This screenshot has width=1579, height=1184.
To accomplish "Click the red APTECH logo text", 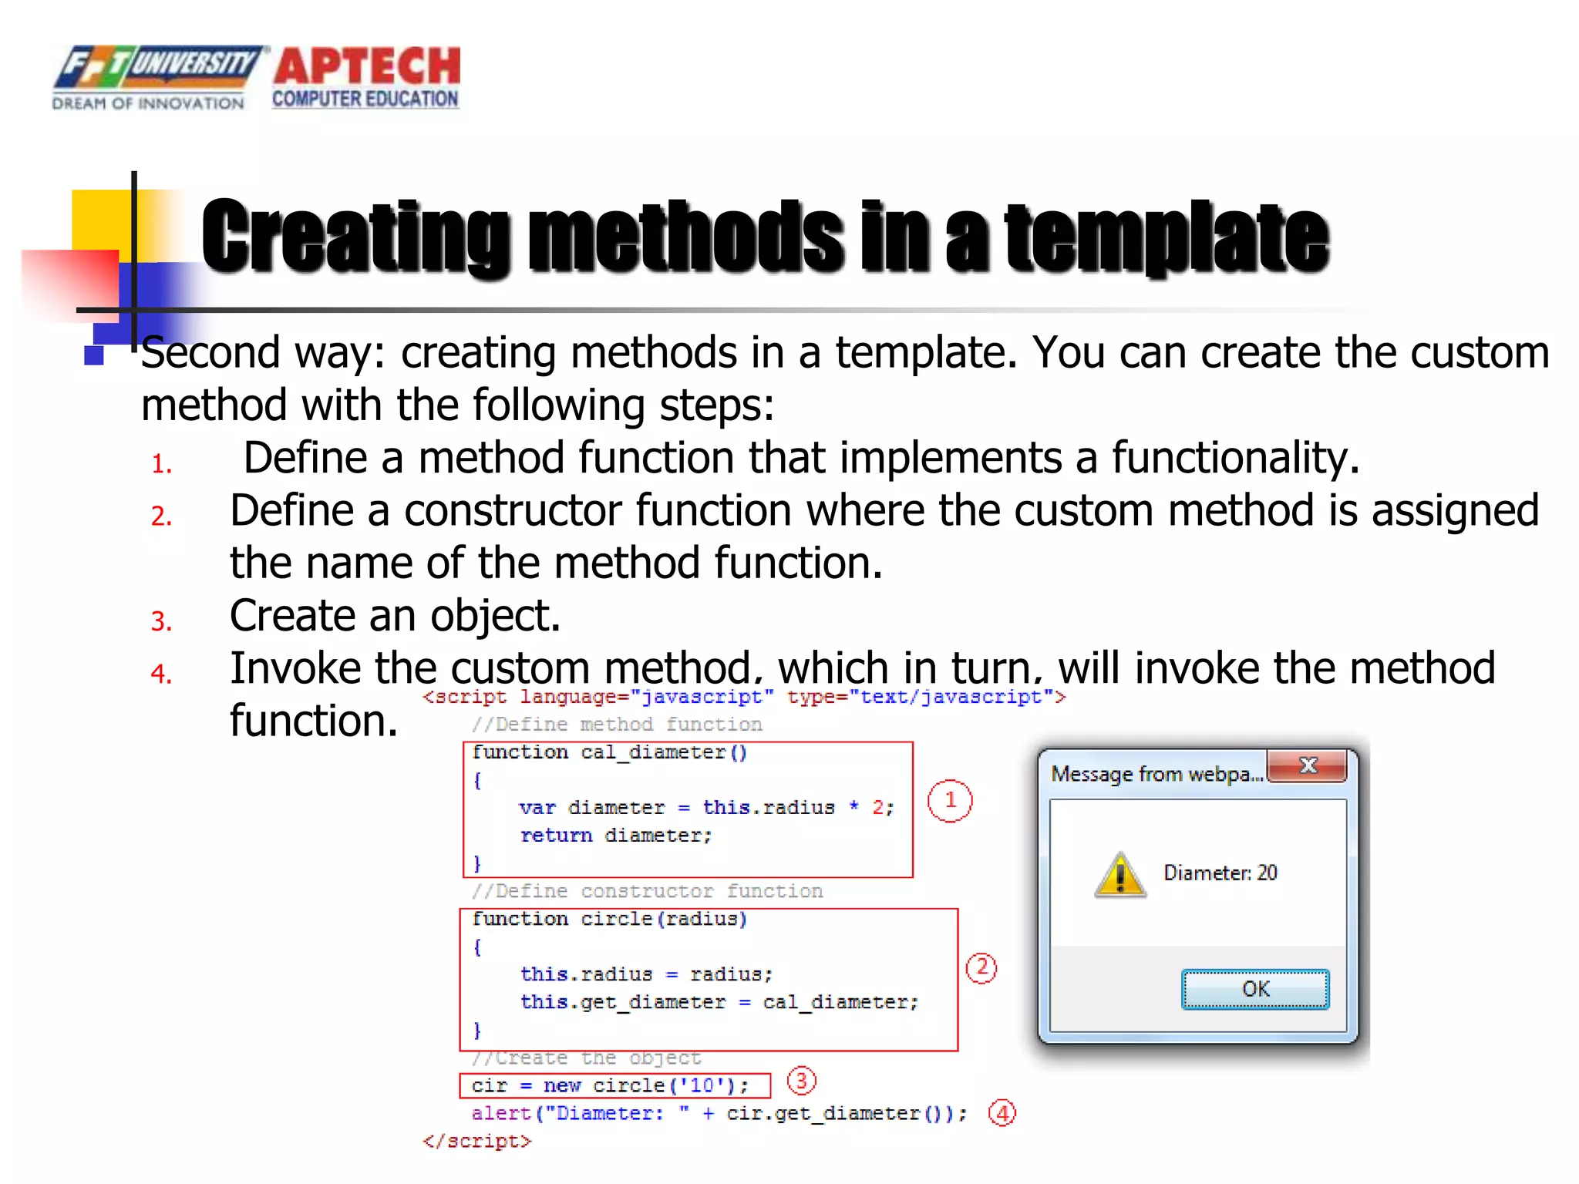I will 367,66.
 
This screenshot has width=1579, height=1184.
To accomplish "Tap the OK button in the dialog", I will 1254,989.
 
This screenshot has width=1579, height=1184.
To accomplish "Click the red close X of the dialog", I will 1308,765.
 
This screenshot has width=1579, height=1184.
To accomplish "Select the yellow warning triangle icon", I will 1120,876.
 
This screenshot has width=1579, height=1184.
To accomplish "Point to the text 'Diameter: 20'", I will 1220,873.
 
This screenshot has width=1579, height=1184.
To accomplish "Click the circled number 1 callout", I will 950,800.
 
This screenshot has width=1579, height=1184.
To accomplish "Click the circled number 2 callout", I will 981,967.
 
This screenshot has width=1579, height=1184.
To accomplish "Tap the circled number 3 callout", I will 801,1081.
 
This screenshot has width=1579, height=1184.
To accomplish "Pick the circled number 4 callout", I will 1002,1113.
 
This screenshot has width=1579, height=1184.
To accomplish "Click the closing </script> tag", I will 477,1141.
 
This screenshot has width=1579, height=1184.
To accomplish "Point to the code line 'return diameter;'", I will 615,836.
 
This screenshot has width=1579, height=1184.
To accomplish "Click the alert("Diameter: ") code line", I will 719,1113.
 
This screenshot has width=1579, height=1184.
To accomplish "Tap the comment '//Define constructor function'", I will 648,891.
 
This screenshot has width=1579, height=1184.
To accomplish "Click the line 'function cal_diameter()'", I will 609,752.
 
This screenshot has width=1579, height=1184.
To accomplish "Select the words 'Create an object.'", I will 395,616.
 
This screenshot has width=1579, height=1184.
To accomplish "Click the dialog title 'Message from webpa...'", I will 1156,774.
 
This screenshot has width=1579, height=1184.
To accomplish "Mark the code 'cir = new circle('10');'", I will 610,1085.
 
